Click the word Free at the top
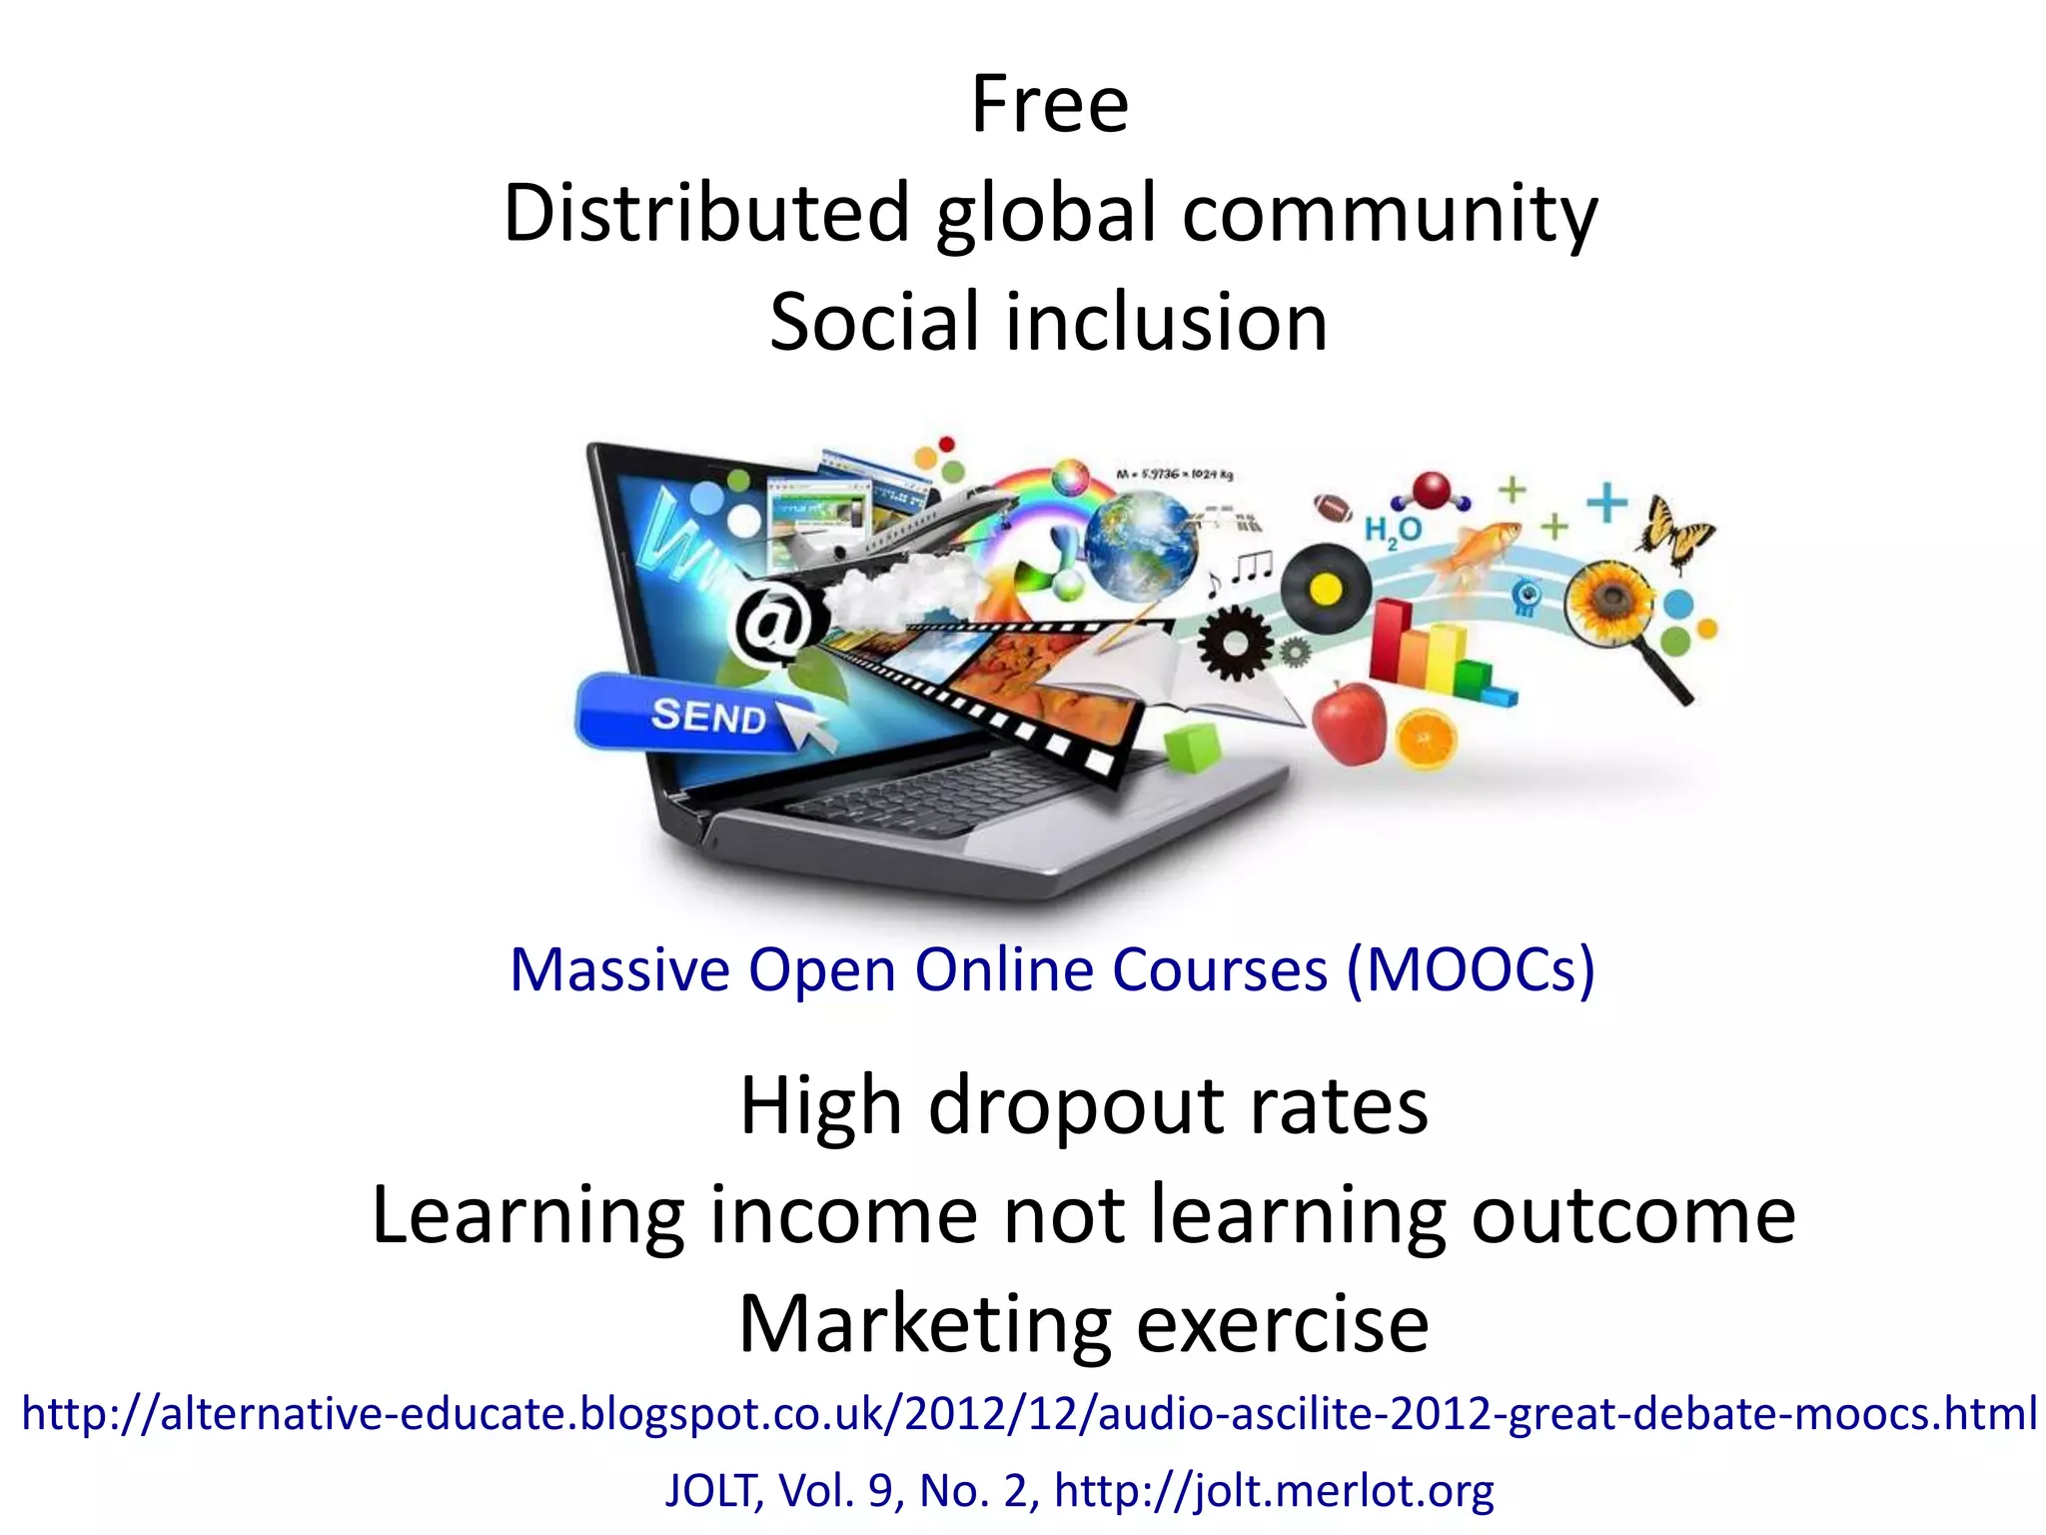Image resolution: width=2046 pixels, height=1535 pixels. coord(1049,105)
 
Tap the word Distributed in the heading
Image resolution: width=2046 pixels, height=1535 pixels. coord(705,213)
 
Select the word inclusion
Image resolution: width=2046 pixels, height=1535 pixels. coord(1166,323)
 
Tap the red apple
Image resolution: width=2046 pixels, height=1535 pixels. coord(1349,722)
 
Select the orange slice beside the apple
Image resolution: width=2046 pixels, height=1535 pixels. coord(1426,740)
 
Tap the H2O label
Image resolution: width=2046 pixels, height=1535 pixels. coord(1393,531)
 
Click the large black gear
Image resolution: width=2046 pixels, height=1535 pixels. coord(1236,643)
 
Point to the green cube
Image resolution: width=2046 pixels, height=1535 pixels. coord(1192,747)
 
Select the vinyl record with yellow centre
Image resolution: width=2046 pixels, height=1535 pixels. coord(1326,589)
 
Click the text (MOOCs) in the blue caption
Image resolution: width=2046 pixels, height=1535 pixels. coord(1471,969)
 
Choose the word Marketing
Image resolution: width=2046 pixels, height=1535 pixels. coord(924,1324)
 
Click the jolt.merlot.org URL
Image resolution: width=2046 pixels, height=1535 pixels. coord(1274,1490)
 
